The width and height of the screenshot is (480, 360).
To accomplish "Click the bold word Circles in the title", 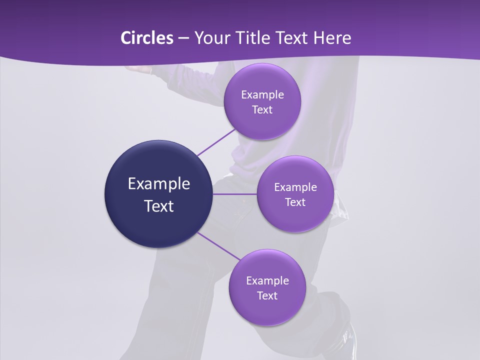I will [147, 38].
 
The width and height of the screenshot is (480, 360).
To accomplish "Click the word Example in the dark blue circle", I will [159, 184].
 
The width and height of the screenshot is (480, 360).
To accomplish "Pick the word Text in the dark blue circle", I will [159, 206].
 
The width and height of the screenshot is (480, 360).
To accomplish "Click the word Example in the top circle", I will [262, 95].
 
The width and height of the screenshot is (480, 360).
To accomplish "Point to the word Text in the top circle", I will [262, 110].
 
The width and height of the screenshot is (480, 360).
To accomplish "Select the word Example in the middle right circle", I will [295, 187].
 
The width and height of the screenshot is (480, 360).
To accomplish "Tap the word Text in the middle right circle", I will [295, 202].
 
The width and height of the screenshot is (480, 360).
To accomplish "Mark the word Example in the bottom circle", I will [267, 281].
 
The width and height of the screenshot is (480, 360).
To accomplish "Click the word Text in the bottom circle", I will [267, 296].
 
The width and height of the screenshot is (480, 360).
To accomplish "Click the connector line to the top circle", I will [216, 142].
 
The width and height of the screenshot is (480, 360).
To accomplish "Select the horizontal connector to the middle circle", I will [235, 194].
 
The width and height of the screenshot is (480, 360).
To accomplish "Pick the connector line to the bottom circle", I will [218, 245].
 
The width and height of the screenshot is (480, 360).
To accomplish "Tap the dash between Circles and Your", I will [183, 38].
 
